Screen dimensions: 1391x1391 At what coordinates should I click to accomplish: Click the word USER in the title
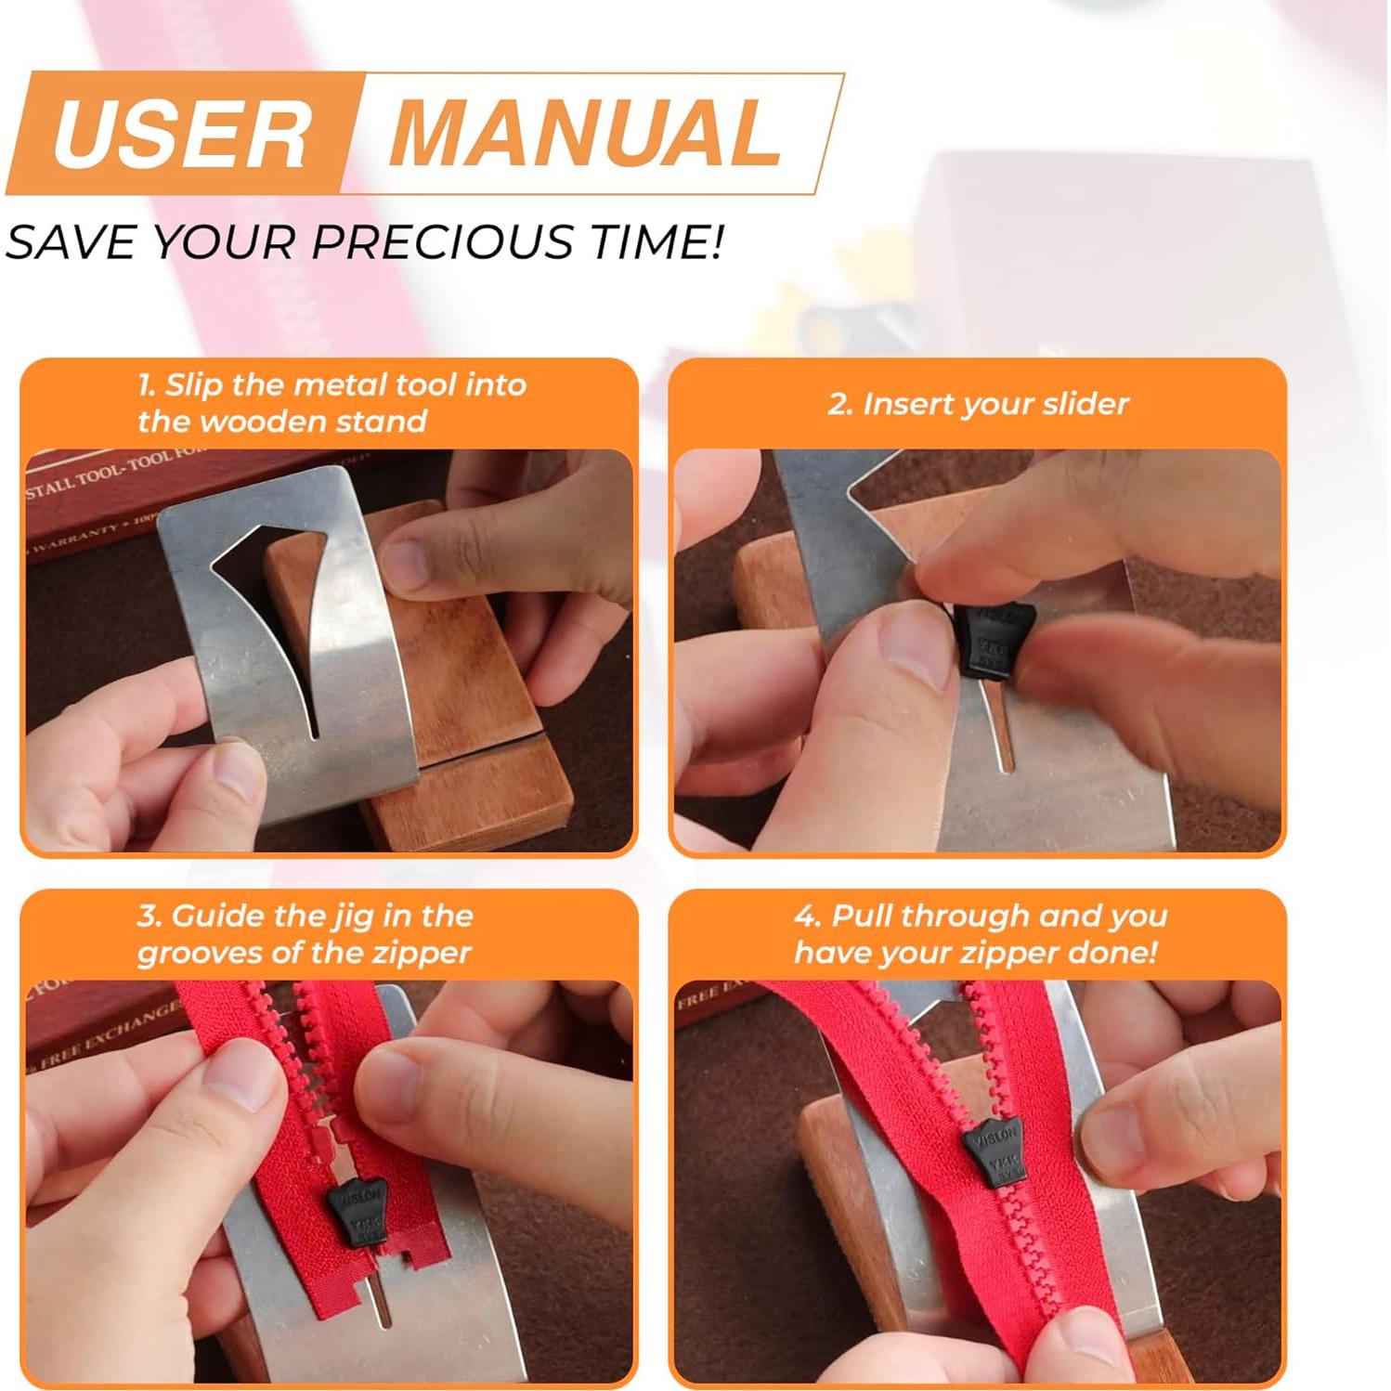tap(181, 134)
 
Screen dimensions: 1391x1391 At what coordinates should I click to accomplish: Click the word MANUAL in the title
tap(585, 134)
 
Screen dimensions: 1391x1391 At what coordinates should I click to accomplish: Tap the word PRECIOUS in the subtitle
tap(443, 242)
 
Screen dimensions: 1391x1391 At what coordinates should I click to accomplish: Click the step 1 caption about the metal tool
tap(331, 403)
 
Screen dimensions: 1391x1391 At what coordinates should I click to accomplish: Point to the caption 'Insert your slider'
tap(978, 404)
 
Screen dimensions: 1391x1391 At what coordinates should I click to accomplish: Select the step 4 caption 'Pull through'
tap(980, 934)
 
